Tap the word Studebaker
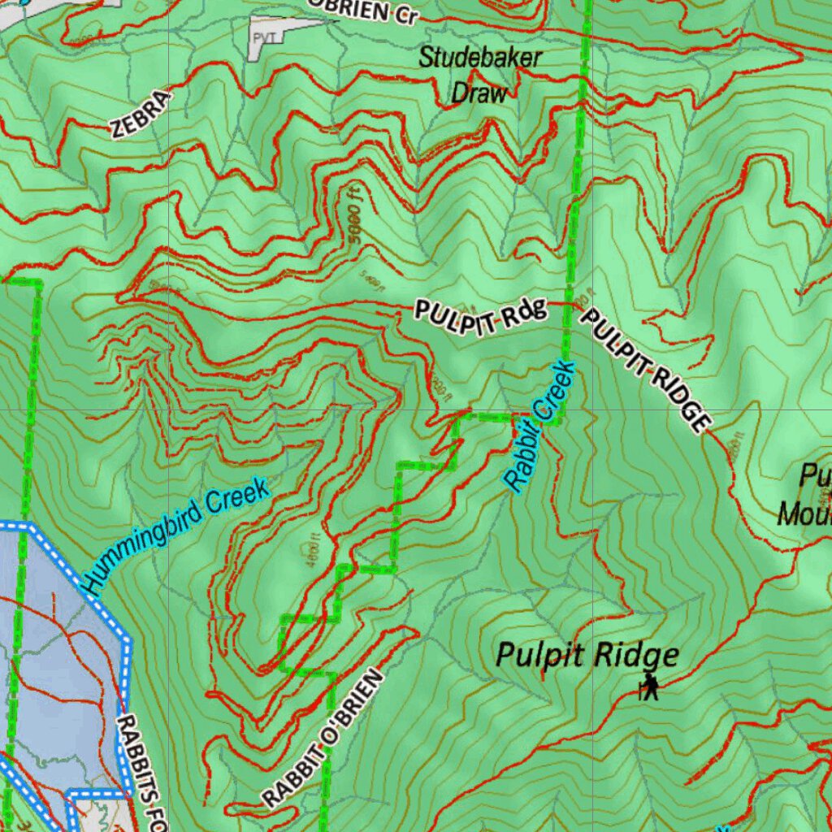click(480, 58)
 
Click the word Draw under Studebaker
click(479, 93)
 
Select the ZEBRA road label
click(141, 114)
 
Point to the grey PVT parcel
click(268, 37)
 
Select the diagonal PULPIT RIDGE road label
click(645, 370)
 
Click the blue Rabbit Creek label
click(539, 426)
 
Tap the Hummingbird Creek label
click(175, 537)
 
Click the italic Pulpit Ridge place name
click(587, 655)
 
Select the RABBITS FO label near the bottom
click(142, 773)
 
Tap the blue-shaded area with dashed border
click(57, 650)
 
